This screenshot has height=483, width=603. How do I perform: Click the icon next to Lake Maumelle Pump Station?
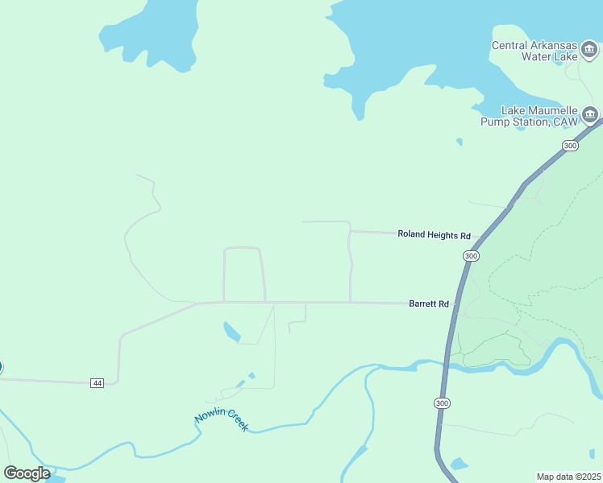[x=590, y=116]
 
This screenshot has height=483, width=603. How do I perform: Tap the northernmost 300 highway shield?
[x=570, y=146]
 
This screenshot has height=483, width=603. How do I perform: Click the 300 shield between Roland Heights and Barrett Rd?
[x=472, y=256]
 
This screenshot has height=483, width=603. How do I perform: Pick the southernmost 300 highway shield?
[x=441, y=402]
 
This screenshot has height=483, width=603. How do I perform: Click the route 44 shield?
[x=98, y=382]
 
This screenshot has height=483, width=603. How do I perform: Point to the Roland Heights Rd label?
[x=434, y=235]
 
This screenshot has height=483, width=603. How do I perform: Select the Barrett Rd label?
[x=428, y=304]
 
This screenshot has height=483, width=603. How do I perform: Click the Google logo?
[x=27, y=473]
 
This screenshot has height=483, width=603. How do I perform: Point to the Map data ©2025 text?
[x=568, y=477]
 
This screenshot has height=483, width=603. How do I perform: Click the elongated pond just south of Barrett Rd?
[x=231, y=331]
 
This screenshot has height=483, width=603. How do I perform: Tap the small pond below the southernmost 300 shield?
[x=460, y=464]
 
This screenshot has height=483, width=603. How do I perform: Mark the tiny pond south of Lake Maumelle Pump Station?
[x=460, y=142]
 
